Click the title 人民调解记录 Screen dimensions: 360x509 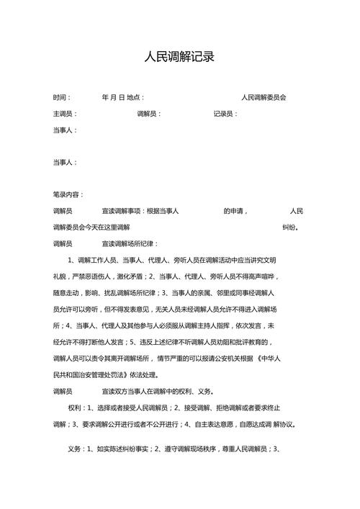179,57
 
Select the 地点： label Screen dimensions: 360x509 135,97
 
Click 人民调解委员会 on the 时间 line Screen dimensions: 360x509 264,97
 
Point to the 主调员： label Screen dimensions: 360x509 65,114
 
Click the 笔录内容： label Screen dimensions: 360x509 68,194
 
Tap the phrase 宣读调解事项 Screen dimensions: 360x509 122,211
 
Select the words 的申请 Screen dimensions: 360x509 235,211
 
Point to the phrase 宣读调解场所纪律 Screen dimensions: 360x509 129,243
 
